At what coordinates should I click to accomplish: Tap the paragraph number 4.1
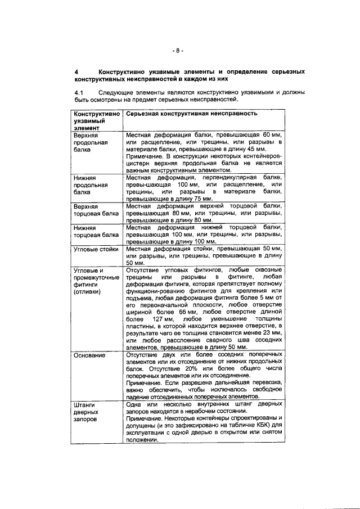(x=79, y=92)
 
